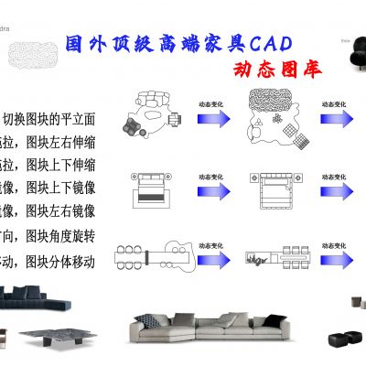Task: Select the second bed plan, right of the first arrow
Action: tap(272, 191)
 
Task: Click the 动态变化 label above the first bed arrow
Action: tap(211, 174)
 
